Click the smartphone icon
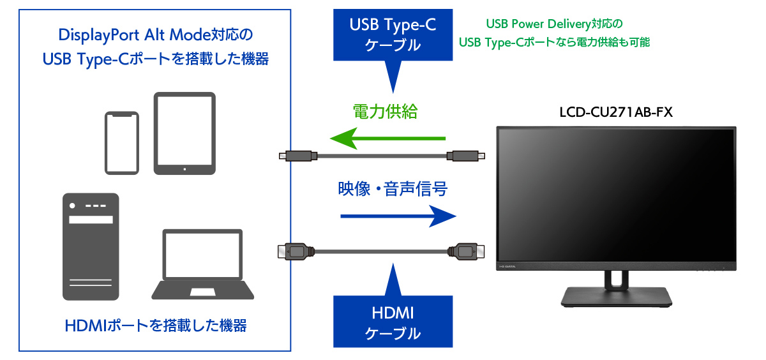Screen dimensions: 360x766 (x=121, y=142)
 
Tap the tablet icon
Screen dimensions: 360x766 (x=184, y=133)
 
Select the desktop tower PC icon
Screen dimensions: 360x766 (x=91, y=246)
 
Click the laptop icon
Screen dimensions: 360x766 (x=202, y=264)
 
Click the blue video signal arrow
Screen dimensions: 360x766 (x=399, y=216)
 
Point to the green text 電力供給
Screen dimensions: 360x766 (x=385, y=112)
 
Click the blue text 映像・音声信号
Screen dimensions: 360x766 (x=393, y=189)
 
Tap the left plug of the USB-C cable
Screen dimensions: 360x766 (x=297, y=155)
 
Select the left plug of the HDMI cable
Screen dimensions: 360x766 (x=295, y=251)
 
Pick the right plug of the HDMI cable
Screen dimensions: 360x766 (x=467, y=251)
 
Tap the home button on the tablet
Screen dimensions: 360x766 (x=184, y=169)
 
